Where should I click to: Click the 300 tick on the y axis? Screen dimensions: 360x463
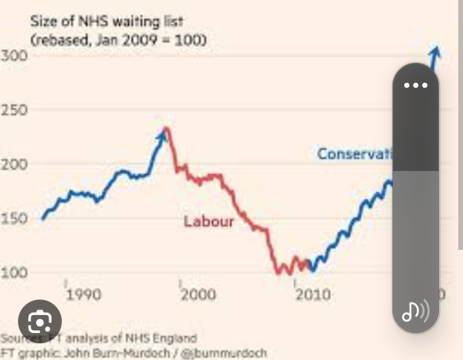click(13, 56)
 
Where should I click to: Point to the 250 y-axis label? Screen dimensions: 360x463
click(13, 110)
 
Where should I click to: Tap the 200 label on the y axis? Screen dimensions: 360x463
click(13, 164)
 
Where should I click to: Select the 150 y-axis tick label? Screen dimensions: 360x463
click(13, 218)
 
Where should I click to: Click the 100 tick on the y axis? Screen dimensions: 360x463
click(13, 272)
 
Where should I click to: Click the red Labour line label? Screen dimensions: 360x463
click(208, 221)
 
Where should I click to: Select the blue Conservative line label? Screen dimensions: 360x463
click(354, 154)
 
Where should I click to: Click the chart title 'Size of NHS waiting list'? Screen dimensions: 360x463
click(107, 22)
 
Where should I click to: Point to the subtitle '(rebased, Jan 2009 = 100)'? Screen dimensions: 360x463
click(118, 40)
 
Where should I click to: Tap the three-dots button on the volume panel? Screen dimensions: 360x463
click(416, 85)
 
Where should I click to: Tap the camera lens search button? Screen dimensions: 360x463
click(40, 322)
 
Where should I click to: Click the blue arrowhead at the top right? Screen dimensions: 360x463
click(435, 52)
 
